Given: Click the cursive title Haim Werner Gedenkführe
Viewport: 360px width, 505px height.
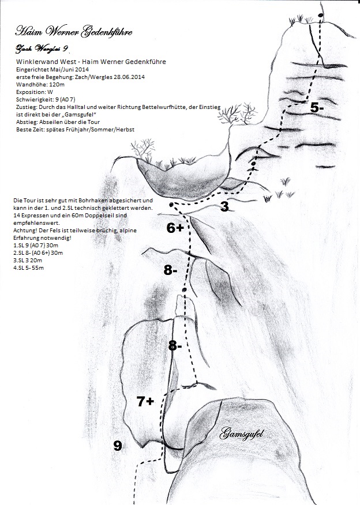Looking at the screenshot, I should pos(74,31).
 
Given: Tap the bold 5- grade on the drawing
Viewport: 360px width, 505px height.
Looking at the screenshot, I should pos(317,107).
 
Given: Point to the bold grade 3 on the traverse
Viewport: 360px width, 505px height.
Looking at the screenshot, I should pos(225,207).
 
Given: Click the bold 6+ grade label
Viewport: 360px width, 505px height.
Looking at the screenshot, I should pos(175,228).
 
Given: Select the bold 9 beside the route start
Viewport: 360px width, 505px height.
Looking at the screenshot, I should pos(118,445).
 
